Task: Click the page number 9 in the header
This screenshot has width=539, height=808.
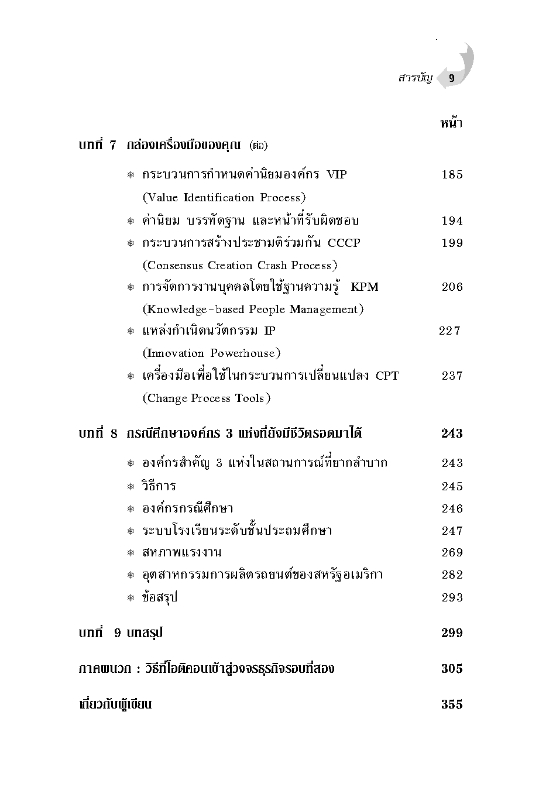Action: coord(451,78)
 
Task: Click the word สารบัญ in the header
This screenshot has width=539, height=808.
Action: coord(415,78)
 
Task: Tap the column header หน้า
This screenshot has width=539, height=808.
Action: coord(451,123)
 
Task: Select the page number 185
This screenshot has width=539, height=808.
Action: coord(452,174)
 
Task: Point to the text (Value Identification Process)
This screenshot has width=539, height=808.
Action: coord(224,198)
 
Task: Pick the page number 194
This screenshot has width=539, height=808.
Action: coord(452,221)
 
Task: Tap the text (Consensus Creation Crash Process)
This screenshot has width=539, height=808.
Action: coord(240,266)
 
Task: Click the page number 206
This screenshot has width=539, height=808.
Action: coord(452,287)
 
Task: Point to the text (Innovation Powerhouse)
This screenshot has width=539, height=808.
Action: coord(212,353)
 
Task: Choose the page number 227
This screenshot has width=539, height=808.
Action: coord(449,331)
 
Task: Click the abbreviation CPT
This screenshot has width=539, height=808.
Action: coord(387,376)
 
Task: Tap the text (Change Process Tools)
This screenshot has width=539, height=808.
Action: coord(207,398)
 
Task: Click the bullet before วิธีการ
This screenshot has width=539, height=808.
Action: coord(131,487)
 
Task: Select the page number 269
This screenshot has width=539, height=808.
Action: coord(452,552)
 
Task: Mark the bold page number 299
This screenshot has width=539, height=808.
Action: coord(452,632)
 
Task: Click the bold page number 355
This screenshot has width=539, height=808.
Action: coord(452,704)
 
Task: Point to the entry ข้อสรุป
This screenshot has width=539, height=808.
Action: coord(160,597)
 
